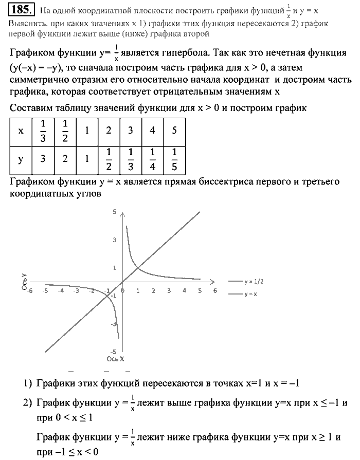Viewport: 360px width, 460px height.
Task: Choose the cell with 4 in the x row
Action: tap(153, 131)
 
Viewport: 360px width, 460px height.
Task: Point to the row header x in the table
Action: tap(21, 131)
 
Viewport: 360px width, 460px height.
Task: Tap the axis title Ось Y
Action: tap(24, 284)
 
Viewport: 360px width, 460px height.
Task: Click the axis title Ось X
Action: tap(115, 358)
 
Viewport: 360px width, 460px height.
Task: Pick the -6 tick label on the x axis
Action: tap(30, 290)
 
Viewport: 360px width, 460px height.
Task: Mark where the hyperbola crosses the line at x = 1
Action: tap(138, 267)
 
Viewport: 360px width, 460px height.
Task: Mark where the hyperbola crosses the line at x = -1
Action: tap(107, 295)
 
